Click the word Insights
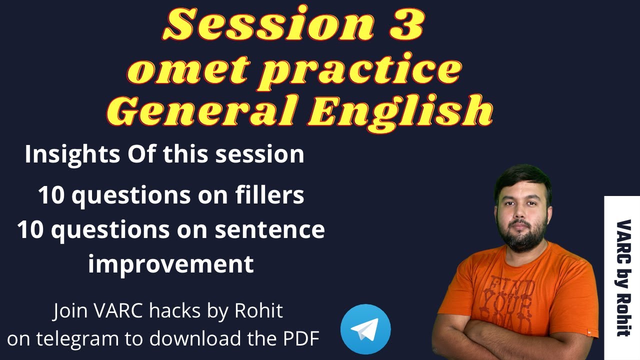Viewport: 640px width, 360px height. pos(72,155)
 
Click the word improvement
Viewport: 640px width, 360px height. pos(171,265)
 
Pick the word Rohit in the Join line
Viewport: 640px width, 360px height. pos(258,310)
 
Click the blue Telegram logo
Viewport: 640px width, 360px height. pos(365,329)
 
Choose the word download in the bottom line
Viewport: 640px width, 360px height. pos(195,338)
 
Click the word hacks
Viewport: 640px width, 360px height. pos(174,310)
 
